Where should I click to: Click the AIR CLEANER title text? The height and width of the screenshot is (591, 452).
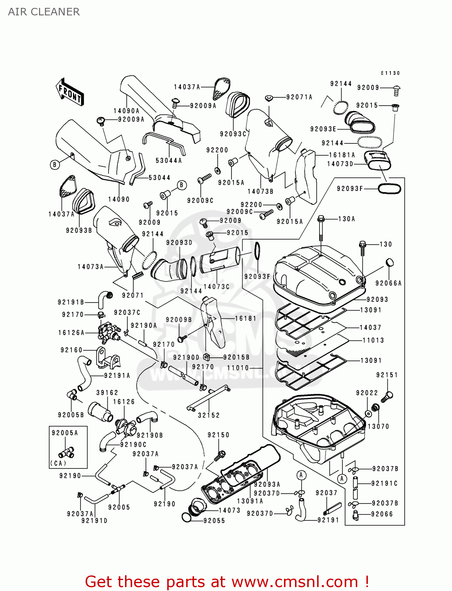coord(44,12)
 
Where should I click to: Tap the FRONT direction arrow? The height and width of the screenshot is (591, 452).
coord(70,93)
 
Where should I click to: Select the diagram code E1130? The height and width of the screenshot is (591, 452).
coord(390,73)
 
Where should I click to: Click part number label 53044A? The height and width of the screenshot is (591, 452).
coord(169,160)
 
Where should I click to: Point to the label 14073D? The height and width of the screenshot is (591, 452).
coord(340,164)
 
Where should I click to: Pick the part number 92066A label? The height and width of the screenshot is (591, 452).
coord(388,283)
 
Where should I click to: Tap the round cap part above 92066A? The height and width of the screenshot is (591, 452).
coord(389,262)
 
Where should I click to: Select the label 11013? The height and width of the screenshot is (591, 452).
coord(373,340)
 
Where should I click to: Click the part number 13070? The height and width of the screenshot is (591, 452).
coord(378,426)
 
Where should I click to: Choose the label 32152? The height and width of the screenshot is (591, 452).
coord(209,415)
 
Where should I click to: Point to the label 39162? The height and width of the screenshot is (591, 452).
coord(107,392)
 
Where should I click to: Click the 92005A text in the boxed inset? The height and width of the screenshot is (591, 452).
coord(65,433)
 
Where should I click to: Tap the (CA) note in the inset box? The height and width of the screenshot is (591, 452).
coord(58,463)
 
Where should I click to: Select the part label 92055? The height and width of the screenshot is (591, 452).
coord(214,520)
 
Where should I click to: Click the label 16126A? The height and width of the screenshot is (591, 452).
coord(71,333)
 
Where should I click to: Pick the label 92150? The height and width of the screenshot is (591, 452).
coord(219,435)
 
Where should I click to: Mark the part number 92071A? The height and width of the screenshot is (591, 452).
coord(299,97)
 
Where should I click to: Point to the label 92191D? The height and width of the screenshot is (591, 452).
coord(94,520)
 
